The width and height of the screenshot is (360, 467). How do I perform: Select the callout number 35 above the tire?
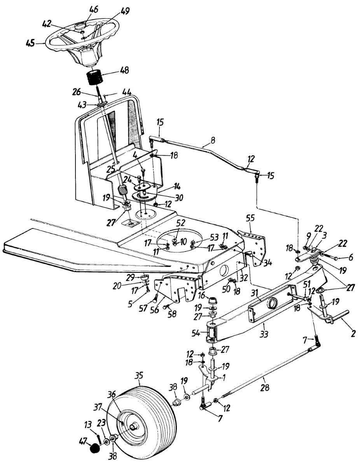[139, 376]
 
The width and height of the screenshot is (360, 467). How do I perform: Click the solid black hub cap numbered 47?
[94, 449]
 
